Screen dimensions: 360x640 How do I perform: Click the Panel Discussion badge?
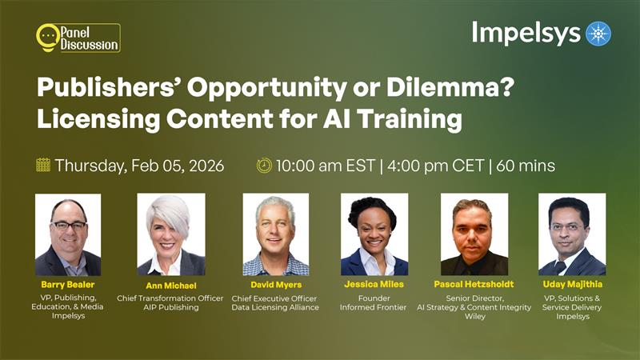point(78,38)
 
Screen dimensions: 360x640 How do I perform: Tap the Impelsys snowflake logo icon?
point(598,34)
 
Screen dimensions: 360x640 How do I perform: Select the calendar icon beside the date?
point(43,166)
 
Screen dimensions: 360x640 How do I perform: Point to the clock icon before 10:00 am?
point(264,166)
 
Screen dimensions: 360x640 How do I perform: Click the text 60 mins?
point(526,166)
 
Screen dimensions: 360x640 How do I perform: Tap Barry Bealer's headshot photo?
point(68,234)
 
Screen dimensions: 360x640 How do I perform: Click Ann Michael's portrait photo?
point(170,234)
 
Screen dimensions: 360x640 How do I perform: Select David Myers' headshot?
point(275,234)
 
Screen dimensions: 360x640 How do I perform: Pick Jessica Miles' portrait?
point(374,234)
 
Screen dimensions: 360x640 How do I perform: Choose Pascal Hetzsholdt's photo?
point(474,234)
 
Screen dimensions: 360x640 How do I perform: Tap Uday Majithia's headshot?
point(572,234)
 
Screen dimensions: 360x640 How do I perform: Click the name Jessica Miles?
point(374,285)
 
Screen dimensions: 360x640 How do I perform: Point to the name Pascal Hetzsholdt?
point(474,285)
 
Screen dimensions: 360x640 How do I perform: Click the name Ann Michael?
point(170,286)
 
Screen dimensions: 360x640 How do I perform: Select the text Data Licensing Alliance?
point(275,307)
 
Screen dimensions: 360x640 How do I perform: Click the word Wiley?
point(474,316)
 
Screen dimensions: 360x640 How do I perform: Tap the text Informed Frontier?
point(374,307)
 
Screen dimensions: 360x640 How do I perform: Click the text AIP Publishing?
point(170,307)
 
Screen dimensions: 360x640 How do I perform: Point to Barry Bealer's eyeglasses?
point(68,226)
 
